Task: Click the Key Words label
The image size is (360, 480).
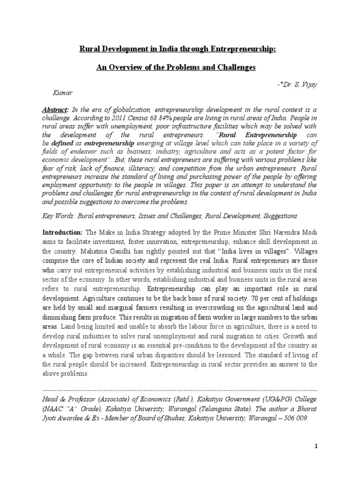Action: click(x=59, y=217)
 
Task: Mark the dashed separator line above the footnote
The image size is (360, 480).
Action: click(x=180, y=390)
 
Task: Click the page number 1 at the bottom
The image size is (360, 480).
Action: click(x=316, y=447)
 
